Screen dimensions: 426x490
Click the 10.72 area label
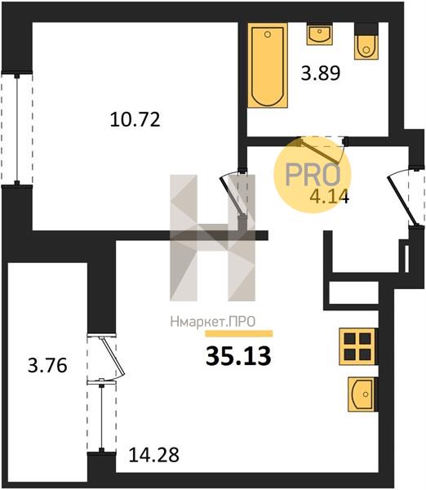(x=135, y=119)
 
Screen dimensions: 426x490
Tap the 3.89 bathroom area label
(x=321, y=73)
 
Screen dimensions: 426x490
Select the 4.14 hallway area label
(x=330, y=197)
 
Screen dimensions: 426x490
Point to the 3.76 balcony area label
(x=47, y=365)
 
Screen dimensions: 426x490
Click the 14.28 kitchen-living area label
(x=154, y=455)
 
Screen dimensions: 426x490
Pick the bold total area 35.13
(x=238, y=356)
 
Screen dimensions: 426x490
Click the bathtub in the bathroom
(x=268, y=67)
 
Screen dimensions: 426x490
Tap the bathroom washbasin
(x=320, y=34)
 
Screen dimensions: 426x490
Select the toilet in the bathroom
(x=366, y=41)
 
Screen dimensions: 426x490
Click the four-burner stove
(x=358, y=346)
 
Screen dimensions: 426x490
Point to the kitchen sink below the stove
(x=362, y=394)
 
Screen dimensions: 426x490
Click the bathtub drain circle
(x=268, y=34)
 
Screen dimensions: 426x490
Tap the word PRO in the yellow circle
(x=313, y=175)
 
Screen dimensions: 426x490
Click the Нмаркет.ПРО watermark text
(x=213, y=322)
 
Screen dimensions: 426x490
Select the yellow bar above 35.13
(x=239, y=334)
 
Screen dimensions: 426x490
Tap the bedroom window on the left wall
(x=17, y=129)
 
